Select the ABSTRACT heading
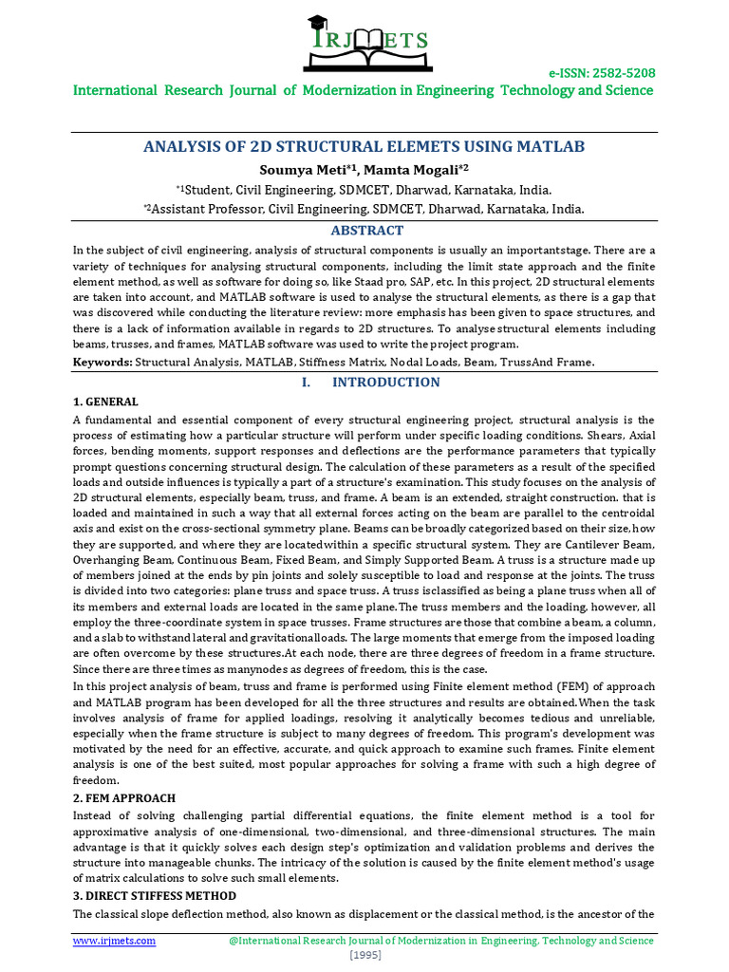point(366,231)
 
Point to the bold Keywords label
point(103,363)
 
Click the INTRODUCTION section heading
point(386,383)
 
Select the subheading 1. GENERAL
point(105,402)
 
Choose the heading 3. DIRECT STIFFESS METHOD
point(155,896)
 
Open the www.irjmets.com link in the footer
point(115,941)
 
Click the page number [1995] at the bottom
point(364,955)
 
